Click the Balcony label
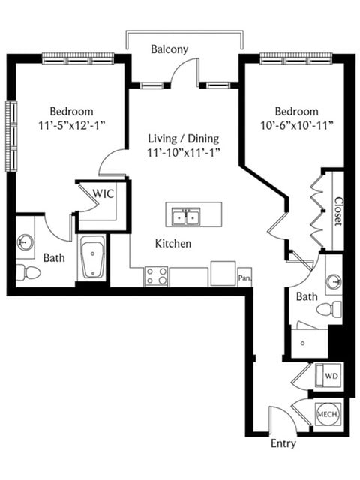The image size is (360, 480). click(169, 49)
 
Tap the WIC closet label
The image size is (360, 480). click(103, 193)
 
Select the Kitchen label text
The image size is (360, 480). click(173, 243)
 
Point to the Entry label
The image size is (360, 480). click(283, 443)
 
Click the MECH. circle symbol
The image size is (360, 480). click(328, 414)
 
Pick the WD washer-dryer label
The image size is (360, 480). click(331, 376)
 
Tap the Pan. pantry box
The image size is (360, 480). click(244, 277)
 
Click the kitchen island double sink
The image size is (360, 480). click(186, 217)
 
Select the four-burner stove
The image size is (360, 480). click(156, 277)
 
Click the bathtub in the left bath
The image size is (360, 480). click(92, 256)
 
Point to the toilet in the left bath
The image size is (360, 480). click(28, 272)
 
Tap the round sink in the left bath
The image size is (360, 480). click(25, 241)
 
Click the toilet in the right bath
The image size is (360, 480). click(328, 308)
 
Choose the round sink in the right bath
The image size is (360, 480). click(334, 282)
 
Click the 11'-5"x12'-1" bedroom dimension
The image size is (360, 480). click(72, 125)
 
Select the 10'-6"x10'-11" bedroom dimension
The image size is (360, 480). click(297, 125)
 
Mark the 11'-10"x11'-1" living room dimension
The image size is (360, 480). click(184, 153)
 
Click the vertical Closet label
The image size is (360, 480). click(338, 211)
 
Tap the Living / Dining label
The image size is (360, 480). click(184, 139)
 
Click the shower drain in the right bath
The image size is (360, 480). click(302, 343)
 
